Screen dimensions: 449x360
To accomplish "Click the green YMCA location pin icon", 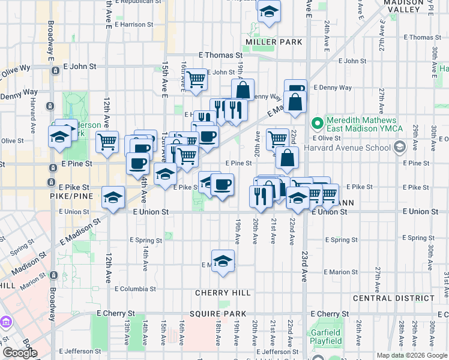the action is pos(318,125).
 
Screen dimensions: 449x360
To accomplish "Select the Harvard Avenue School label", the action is pos(348,148).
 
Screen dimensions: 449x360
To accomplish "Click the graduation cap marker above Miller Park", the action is pos(268,11).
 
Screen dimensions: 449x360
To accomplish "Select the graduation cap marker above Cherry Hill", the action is pos(223,261).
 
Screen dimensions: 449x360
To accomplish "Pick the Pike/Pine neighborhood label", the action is pos(68,196).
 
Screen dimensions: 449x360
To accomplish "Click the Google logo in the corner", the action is pos(20,353).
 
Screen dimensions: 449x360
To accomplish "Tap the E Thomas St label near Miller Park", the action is pos(220,55).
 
